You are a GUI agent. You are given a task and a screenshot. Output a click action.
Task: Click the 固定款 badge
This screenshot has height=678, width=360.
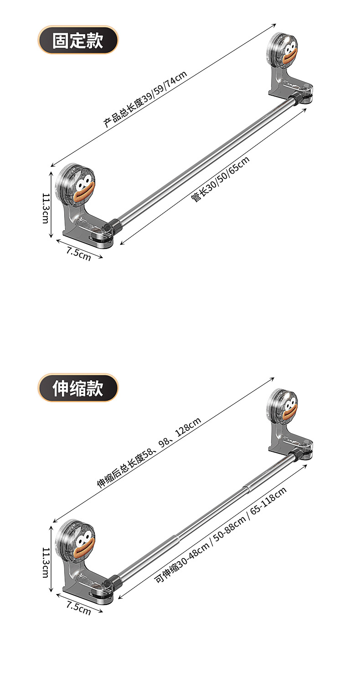77,40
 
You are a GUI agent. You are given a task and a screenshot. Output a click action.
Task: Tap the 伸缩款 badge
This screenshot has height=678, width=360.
77,388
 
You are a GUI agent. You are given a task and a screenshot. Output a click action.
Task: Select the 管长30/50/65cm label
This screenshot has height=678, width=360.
221,179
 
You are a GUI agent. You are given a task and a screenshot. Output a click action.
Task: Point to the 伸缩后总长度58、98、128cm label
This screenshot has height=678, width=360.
149,453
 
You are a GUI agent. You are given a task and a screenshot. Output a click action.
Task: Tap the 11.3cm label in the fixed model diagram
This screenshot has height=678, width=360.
46,207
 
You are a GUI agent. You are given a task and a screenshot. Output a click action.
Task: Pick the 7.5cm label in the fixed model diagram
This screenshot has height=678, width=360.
78,254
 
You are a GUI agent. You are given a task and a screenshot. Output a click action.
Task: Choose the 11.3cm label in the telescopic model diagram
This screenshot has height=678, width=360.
46,563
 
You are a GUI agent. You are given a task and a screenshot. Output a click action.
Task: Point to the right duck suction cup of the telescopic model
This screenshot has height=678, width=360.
283,404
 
